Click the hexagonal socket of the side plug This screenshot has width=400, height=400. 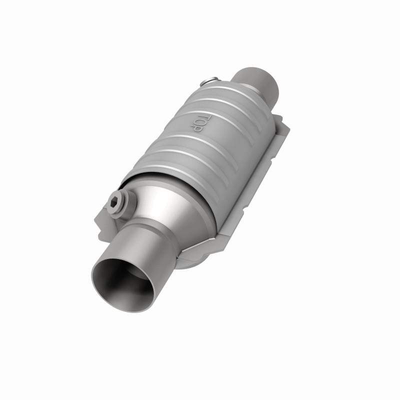pyautogui.click(x=114, y=204)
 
